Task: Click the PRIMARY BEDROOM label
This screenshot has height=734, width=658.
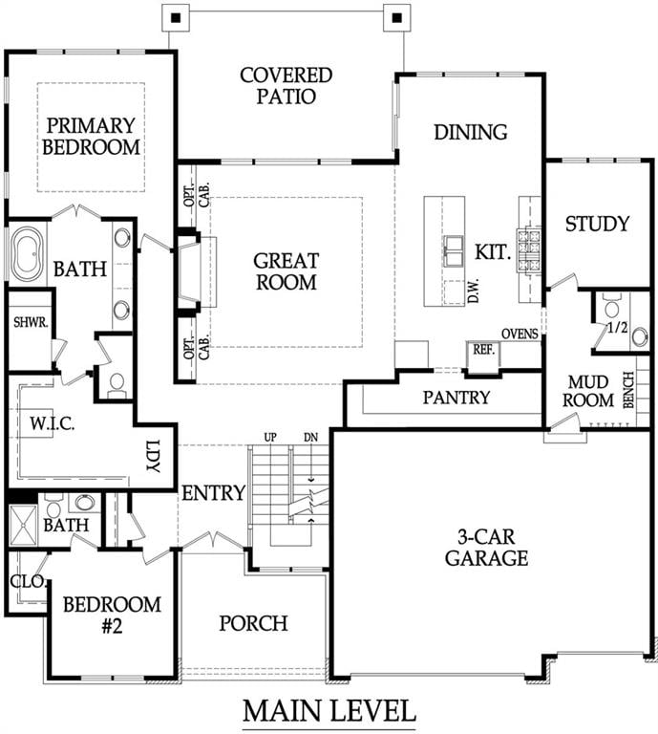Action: [92, 136]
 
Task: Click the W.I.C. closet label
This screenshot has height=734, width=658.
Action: [47, 421]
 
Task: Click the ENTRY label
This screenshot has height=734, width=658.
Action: [213, 493]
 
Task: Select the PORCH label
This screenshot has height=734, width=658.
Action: [253, 623]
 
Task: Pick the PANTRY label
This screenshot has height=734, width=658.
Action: [456, 397]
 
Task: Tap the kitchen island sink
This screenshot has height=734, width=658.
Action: [453, 252]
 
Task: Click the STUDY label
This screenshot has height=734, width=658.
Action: [597, 224]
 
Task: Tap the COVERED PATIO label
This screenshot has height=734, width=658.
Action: [286, 85]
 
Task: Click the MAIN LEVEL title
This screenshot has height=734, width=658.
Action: [329, 711]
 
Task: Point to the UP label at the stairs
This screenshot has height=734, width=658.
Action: [270, 437]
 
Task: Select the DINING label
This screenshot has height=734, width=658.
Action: [470, 132]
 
